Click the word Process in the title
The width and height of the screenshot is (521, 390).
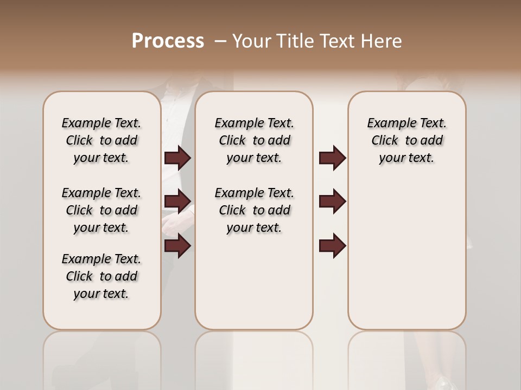tap(168, 41)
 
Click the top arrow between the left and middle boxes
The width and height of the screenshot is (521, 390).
tap(177, 158)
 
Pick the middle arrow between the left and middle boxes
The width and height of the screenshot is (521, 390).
tap(177, 201)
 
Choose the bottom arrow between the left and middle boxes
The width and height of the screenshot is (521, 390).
tap(177, 246)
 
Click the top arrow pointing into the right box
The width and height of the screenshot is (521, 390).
tap(332, 158)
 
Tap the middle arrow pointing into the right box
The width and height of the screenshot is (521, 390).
tap(332, 201)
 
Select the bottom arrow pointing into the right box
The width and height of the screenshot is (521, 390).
tap(332, 246)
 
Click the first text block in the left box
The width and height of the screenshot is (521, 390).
tap(101, 140)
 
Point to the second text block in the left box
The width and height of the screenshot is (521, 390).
tap(101, 210)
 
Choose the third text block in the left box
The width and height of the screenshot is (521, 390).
tap(101, 276)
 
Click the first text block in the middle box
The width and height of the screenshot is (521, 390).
tap(254, 140)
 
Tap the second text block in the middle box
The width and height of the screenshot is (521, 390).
tap(254, 210)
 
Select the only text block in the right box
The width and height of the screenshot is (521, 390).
tap(406, 140)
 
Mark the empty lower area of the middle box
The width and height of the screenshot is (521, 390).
tap(254, 282)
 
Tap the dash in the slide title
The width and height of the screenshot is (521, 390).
tap(220, 41)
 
